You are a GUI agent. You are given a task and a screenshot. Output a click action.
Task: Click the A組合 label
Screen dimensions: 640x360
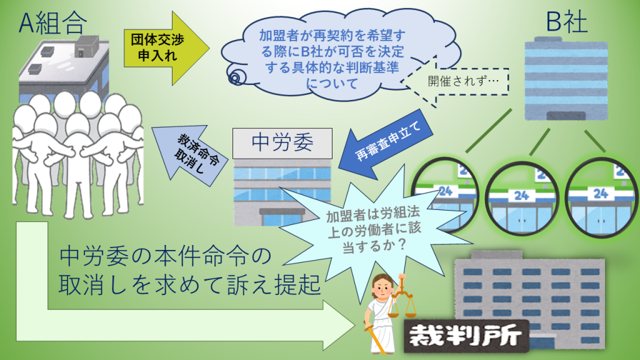pos(53,23)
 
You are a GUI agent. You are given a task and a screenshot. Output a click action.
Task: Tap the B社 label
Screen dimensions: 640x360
pos(566,22)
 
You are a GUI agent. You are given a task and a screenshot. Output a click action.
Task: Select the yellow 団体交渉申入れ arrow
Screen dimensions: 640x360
pos(166,48)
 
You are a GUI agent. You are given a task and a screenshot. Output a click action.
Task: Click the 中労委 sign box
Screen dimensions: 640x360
pos(282,143)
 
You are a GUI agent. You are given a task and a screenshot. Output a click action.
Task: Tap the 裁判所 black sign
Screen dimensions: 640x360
pos(466,336)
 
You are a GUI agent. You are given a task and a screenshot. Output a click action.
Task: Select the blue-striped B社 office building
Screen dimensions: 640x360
pos(566,79)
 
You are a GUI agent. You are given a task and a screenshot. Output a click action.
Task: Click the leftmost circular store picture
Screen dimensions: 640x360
pos(444,196)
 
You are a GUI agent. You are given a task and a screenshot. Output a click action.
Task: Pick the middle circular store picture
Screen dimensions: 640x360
pos(522,199)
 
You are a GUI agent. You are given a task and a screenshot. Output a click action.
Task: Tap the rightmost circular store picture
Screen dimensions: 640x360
pos(602,198)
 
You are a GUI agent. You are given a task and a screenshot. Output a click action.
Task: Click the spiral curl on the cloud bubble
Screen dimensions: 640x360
pos(236,76)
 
